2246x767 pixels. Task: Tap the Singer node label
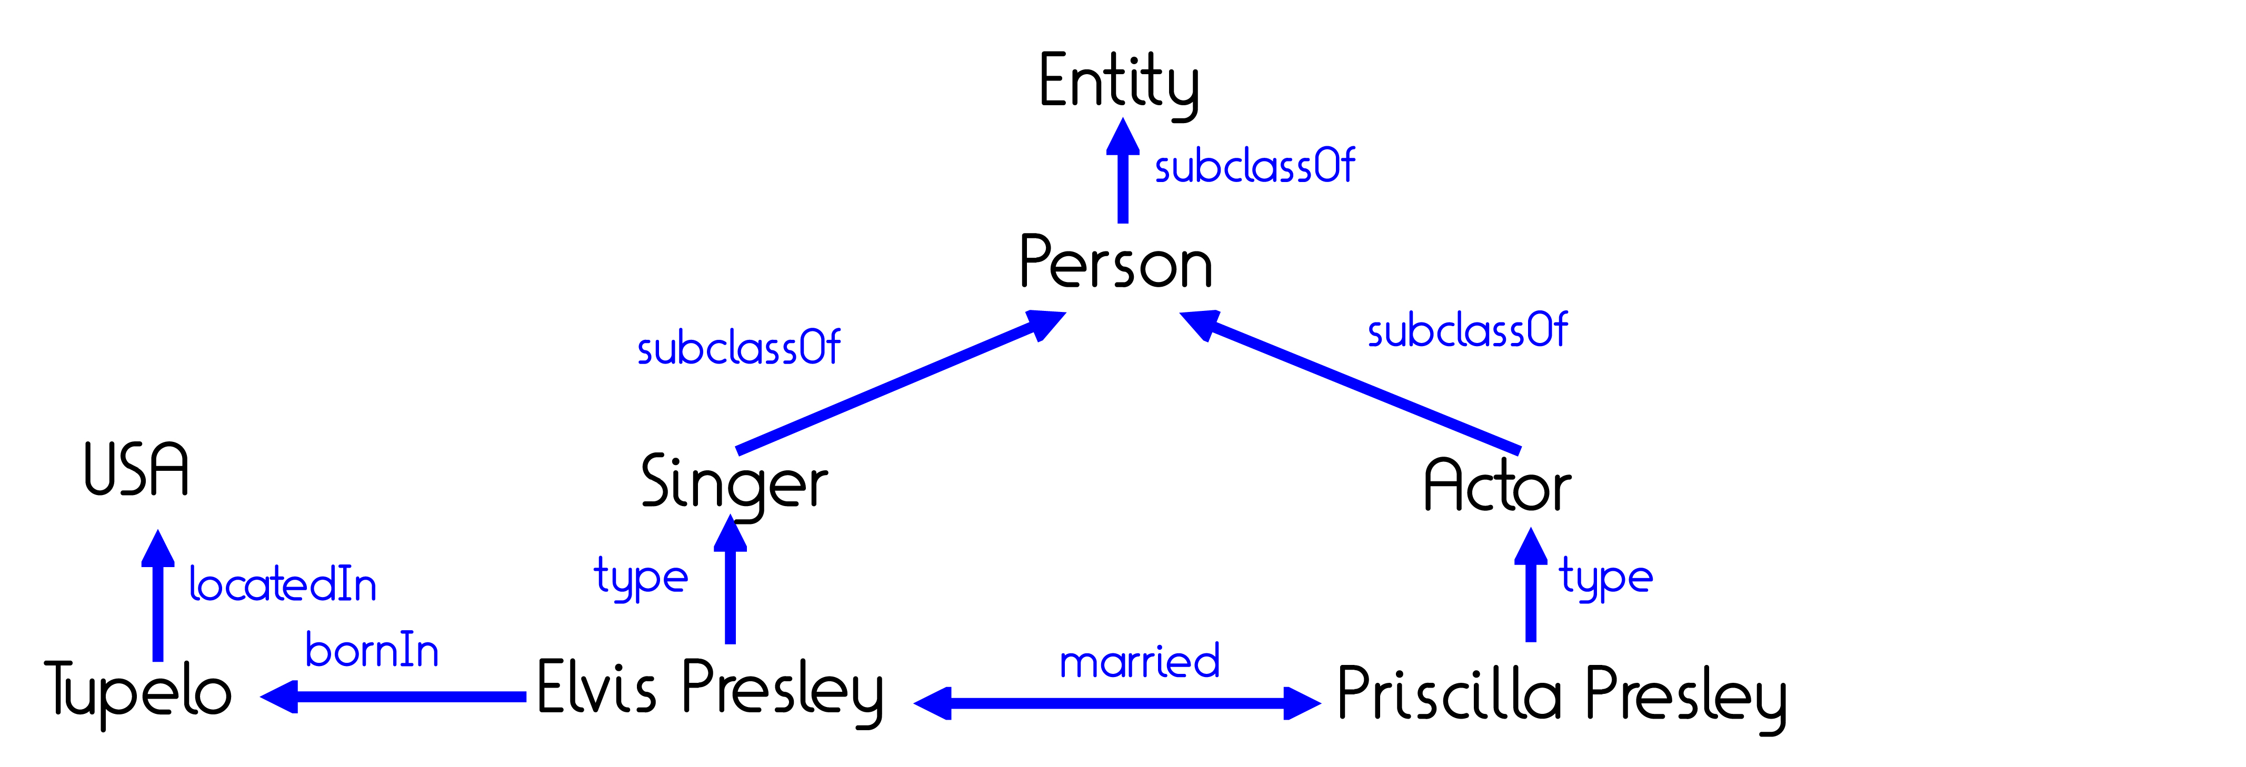pyautogui.click(x=734, y=485)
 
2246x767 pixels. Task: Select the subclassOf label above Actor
pyautogui.click(x=1468, y=330)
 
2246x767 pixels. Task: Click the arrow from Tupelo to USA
pyautogui.click(x=158, y=596)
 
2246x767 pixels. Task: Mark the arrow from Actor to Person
pyautogui.click(x=1350, y=381)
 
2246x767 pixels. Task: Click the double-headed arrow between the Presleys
pyautogui.click(x=1118, y=702)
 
